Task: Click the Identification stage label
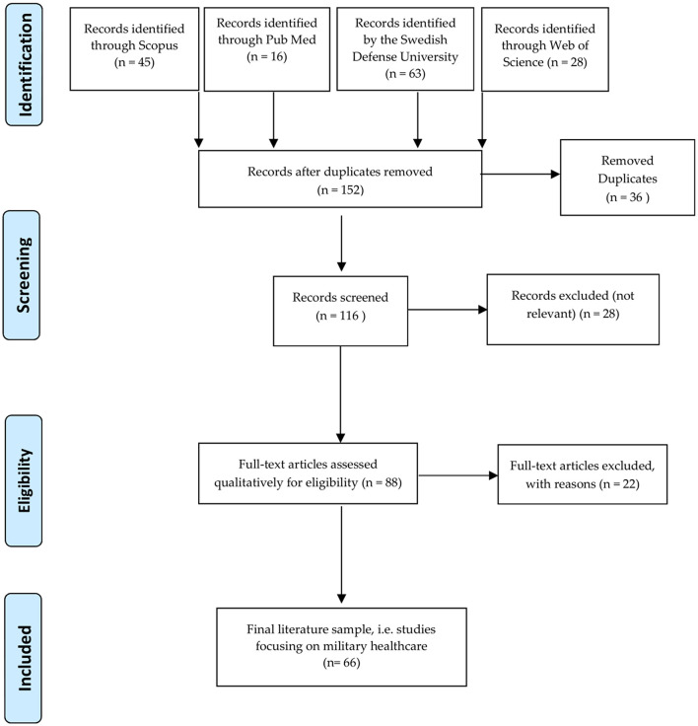[24, 64]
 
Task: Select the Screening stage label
[22, 275]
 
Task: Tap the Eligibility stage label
[24, 480]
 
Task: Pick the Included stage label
[23, 658]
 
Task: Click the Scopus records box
[134, 48]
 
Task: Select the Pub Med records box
[267, 49]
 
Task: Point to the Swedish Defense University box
[405, 48]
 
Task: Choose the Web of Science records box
[545, 49]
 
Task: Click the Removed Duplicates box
[627, 178]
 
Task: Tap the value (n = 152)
[340, 189]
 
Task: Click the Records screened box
[340, 311]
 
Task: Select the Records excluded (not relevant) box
[573, 310]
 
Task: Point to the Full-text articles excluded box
[583, 474]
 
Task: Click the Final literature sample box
[341, 647]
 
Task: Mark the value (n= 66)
[341, 663]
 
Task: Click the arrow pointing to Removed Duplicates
[521, 174]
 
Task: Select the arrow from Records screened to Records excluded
[448, 310]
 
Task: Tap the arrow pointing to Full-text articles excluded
[458, 475]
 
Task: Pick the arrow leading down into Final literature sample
[341, 554]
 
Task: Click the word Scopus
[159, 45]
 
